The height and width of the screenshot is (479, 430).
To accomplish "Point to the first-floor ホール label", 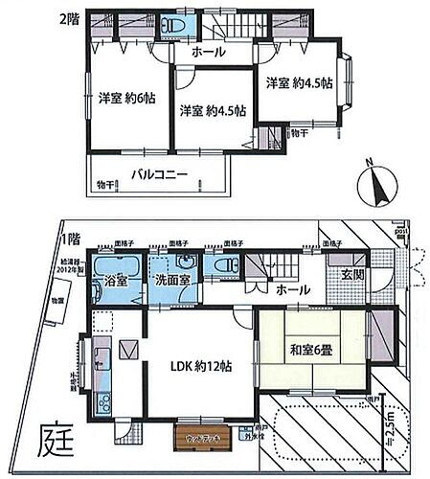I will [292, 288].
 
